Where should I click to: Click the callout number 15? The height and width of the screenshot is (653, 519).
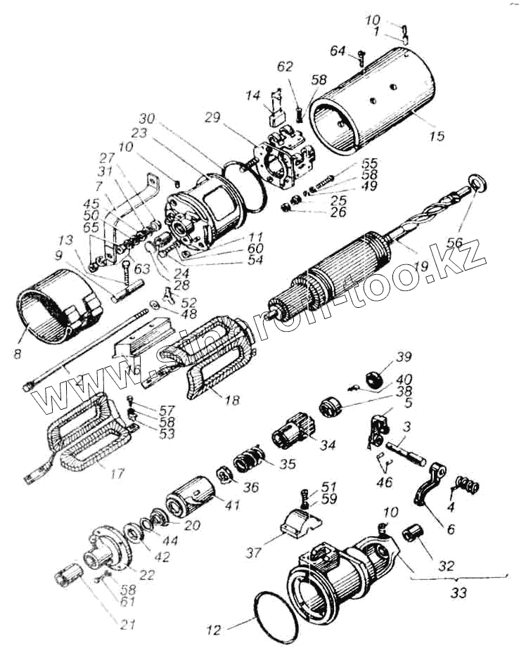(437, 136)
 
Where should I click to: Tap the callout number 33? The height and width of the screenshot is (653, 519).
(459, 593)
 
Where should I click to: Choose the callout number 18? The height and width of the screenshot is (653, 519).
(231, 400)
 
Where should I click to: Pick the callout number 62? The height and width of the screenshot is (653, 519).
(284, 67)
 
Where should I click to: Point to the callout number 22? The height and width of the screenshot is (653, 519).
(146, 575)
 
